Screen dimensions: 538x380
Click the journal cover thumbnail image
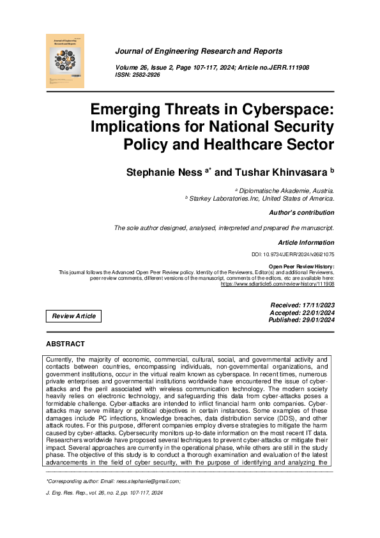click(x=66, y=61)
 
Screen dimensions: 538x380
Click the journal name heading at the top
click(x=199, y=51)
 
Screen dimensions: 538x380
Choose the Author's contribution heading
click(x=301, y=213)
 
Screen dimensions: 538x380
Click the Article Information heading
click(x=306, y=243)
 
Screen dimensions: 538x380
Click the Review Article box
click(x=74, y=316)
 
